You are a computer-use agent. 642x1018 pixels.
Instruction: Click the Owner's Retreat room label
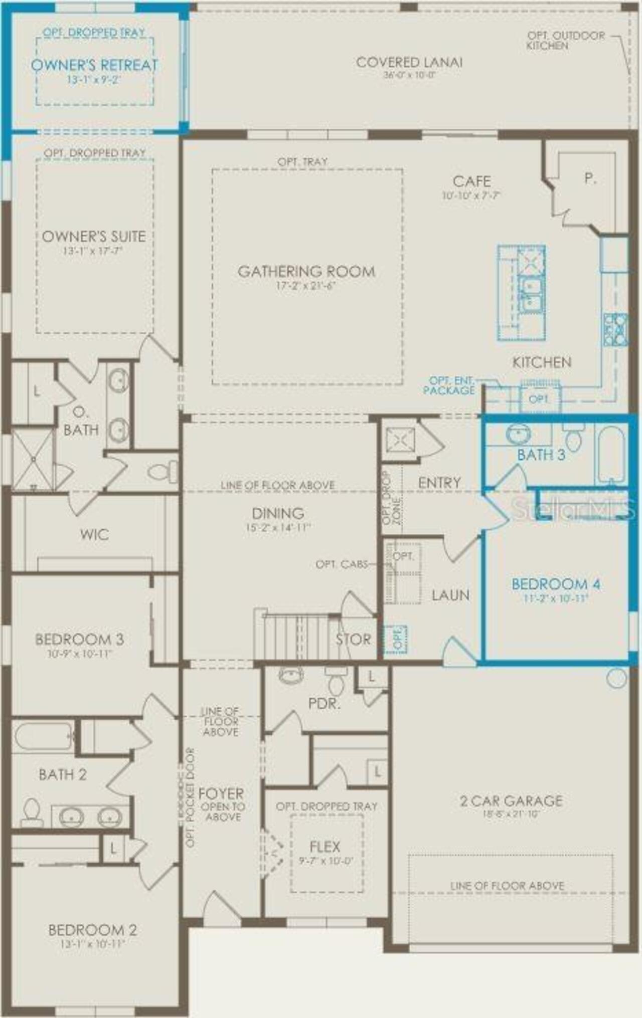click(x=94, y=65)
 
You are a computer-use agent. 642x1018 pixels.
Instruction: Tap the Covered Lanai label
click(x=409, y=63)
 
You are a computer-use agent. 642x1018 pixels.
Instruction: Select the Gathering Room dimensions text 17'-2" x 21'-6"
click(x=306, y=286)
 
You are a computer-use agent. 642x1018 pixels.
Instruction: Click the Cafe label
click(x=471, y=181)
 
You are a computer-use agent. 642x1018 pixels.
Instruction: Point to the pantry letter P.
click(x=590, y=178)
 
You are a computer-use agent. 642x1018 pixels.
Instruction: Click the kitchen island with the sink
click(x=522, y=293)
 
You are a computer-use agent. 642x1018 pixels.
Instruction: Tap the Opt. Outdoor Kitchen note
click(x=566, y=41)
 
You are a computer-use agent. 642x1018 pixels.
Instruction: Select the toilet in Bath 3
click(x=573, y=438)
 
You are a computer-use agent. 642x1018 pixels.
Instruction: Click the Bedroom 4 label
click(x=556, y=584)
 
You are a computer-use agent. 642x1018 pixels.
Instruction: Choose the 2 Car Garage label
click(x=511, y=801)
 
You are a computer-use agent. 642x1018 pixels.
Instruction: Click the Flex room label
click(x=325, y=847)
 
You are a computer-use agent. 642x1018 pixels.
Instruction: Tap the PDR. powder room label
click(x=324, y=703)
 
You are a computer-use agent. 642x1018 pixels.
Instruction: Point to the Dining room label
click(x=278, y=513)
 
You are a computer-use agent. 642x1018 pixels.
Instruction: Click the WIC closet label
click(x=94, y=534)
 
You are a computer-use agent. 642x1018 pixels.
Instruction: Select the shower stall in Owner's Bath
click(x=33, y=459)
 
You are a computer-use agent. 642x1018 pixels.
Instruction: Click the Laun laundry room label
click(x=450, y=595)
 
